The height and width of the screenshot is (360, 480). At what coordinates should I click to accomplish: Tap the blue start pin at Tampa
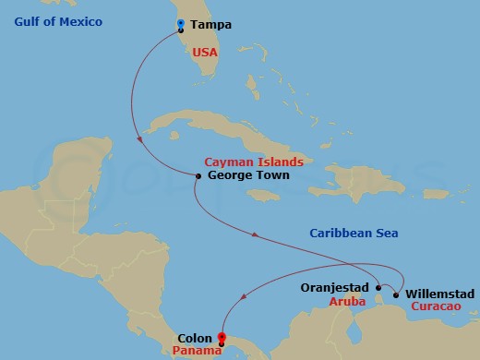180,24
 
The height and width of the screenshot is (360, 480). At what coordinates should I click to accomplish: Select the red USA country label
205,54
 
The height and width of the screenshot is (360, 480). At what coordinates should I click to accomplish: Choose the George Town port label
249,174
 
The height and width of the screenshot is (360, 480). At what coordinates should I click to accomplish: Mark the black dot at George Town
198,175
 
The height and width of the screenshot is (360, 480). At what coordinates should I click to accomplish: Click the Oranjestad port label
336,288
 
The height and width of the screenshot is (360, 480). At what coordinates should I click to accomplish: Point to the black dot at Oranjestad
378,287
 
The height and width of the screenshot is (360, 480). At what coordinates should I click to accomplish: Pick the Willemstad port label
439,294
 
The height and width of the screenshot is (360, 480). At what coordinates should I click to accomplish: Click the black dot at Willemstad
396,295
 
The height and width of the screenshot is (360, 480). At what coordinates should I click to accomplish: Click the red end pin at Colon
221,338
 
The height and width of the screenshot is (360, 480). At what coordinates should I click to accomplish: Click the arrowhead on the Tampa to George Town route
138,140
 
